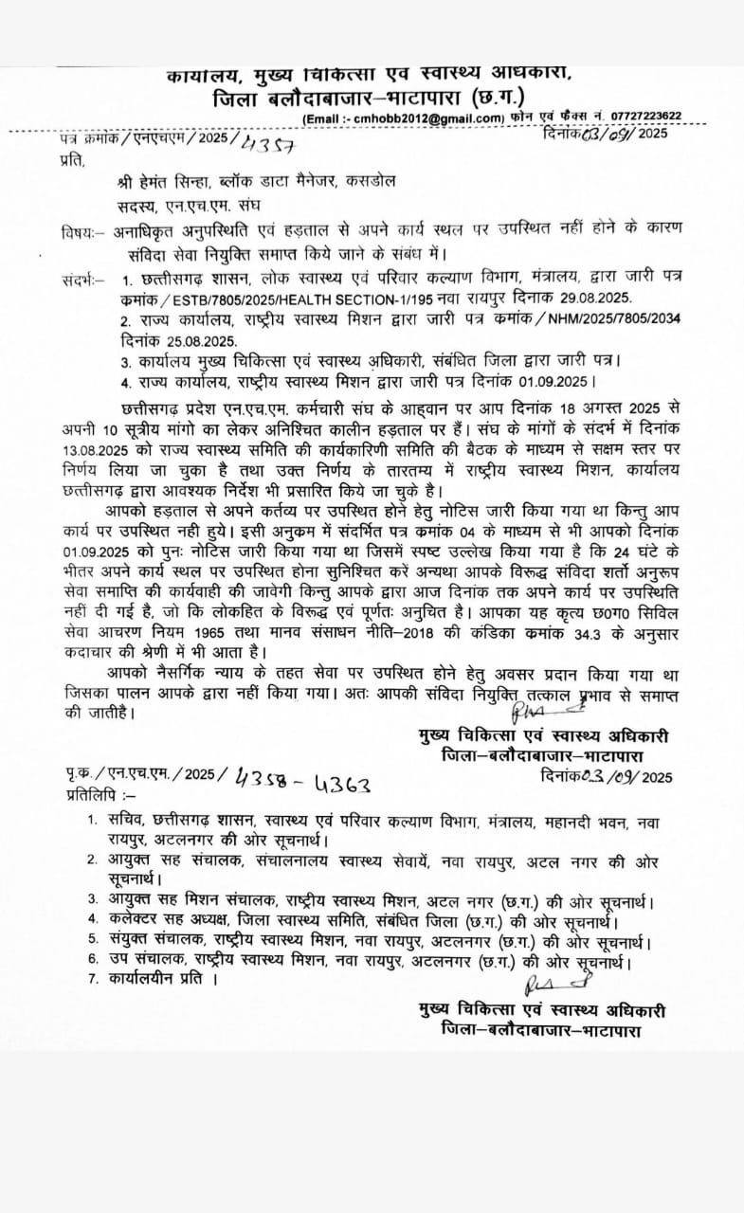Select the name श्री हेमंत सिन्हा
(x=142, y=180)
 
